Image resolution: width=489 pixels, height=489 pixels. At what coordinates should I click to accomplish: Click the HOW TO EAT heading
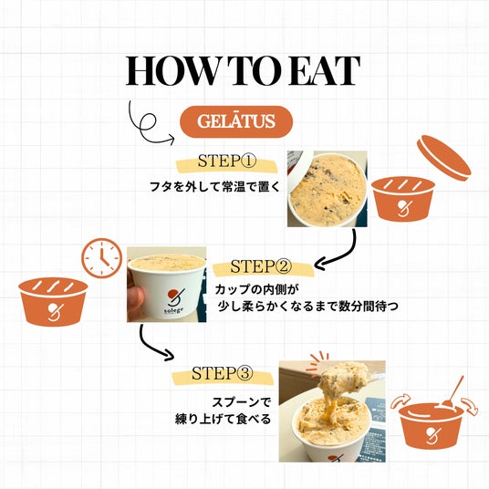(x=243, y=71)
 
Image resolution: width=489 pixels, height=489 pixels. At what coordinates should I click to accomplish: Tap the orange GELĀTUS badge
(x=236, y=121)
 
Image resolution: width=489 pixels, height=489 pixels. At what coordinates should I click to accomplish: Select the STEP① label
(x=227, y=161)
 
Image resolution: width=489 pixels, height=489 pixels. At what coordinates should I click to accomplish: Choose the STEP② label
(x=261, y=266)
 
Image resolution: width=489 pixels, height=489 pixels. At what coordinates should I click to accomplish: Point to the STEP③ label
(x=221, y=373)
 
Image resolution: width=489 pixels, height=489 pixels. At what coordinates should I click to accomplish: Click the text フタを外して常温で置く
(x=214, y=187)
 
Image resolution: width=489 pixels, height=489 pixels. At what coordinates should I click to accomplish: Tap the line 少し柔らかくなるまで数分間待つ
(x=308, y=307)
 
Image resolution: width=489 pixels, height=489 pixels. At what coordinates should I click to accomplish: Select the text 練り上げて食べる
(x=223, y=419)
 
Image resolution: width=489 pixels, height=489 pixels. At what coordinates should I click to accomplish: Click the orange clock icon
(x=102, y=258)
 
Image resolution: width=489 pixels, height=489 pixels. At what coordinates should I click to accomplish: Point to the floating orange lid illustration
(x=444, y=158)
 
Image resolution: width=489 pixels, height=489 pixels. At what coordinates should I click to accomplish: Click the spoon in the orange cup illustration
(x=453, y=392)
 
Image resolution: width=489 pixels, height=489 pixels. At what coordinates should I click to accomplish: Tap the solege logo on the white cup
(x=174, y=302)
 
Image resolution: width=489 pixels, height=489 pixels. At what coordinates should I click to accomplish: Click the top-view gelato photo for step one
(x=328, y=189)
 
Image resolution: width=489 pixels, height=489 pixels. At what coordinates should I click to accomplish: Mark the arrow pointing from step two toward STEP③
(x=150, y=346)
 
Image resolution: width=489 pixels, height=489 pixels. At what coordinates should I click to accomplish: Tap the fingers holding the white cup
(x=135, y=300)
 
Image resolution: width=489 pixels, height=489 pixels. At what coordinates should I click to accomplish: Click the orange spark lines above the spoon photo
(x=319, y=359)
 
